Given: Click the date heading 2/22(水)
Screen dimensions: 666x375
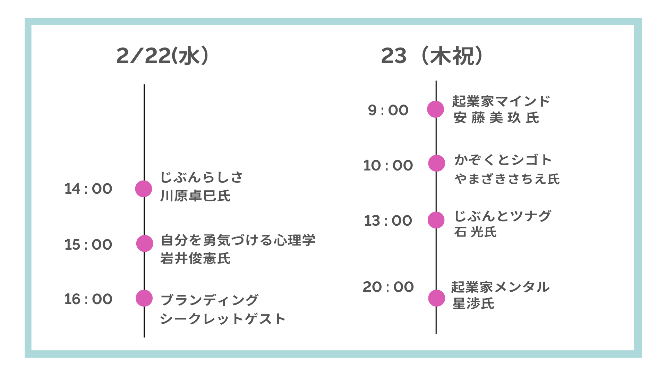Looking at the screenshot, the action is pos(162,56).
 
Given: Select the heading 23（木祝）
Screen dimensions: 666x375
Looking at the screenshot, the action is pos(432,56).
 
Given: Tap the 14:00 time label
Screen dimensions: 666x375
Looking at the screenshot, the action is pos(88,189).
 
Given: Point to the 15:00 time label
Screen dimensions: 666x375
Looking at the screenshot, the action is pos(88,245).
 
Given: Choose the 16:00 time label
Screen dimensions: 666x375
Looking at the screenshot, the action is pos(88,299).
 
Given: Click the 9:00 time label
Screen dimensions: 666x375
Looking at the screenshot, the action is pos(388,110).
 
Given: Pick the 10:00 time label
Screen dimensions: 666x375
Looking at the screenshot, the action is pos(388,166).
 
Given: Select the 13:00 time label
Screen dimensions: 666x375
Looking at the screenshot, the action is pos(388,221).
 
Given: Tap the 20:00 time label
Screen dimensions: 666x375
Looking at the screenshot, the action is pos(388,287).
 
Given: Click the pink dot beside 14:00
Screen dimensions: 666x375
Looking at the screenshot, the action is pos(144,189).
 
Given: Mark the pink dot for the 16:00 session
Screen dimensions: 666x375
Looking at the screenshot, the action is pos(144,298).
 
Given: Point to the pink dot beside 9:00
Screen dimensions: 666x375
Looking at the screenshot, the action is pos(436,109).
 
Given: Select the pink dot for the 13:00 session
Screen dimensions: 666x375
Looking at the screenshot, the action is pos(436,220).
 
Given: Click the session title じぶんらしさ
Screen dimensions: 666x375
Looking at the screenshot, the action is pos(202,177).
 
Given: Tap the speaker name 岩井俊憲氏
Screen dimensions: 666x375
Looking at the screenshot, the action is pos(195,259).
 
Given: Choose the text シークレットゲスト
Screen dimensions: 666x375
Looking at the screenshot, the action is pos(223,319).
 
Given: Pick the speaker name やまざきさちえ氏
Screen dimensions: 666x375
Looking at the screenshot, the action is pos(507,179).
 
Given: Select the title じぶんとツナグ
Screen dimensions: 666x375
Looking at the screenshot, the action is pos(503,216).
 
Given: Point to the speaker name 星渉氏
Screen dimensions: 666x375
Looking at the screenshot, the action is pos(473,304).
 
